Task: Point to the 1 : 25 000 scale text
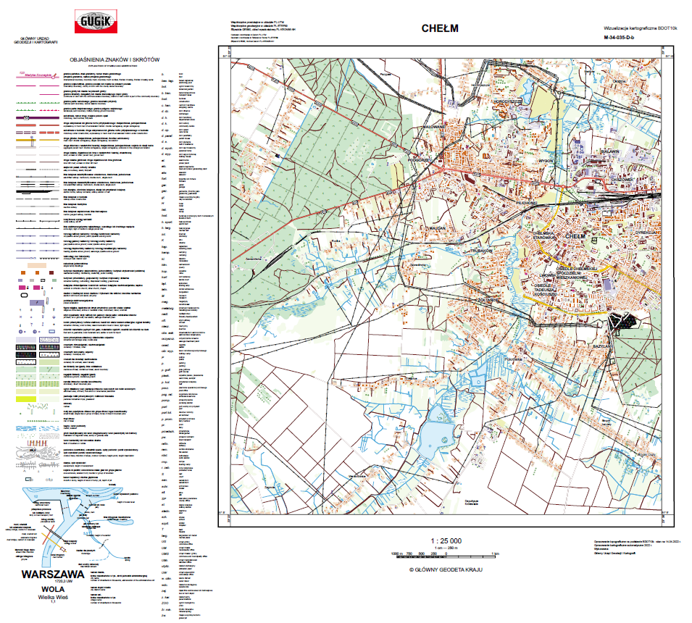(x=446, y=541)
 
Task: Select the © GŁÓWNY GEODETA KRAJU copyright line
(x=446, y=569)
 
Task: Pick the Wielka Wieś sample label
(x=52, y=598)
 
